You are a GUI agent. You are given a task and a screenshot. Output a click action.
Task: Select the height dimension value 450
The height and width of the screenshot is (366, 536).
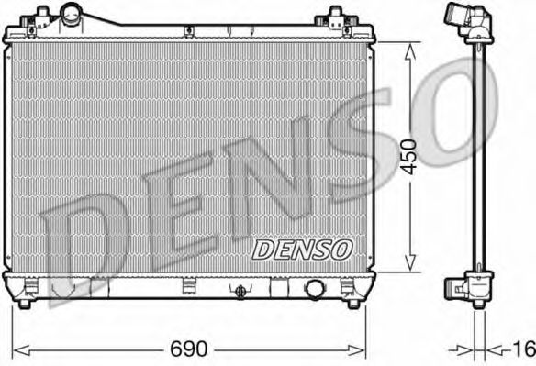(x=408, y=155)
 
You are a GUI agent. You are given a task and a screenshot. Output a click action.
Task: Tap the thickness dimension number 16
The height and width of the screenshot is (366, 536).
(x=523, y=349)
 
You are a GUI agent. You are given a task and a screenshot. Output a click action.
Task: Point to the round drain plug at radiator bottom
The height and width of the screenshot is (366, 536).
(x=315, y=289)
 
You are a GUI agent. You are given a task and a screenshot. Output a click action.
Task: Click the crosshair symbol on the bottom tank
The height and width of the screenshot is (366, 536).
(x=240, y=290)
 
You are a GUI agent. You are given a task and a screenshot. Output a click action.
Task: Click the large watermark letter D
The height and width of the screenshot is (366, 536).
(x=92, y=248)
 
